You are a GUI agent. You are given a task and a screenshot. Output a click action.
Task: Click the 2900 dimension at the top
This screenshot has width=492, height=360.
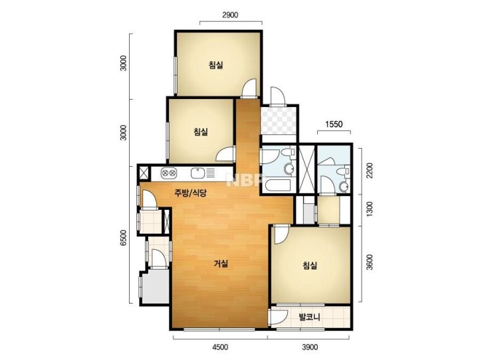click(x=230, y=15)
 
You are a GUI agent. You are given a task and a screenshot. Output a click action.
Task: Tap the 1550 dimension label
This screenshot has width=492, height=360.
click(x=334, y=124)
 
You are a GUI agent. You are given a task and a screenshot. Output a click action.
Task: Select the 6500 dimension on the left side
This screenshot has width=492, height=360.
click(x=124, y=238)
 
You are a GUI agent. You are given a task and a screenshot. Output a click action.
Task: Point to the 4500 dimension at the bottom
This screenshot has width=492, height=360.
click(x=220, y=347)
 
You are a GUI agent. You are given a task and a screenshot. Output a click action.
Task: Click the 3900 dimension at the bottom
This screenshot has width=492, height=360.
click(x=310, y=347)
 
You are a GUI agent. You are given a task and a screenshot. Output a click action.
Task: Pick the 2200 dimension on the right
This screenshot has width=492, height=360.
click(x=370, y=170)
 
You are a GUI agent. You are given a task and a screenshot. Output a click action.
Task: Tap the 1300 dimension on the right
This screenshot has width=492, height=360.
click(x=370, y=209)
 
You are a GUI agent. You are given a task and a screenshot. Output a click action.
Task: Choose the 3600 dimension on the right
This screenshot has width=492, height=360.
click(x=370, y=262)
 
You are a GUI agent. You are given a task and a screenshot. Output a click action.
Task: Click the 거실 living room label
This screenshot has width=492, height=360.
click(x=221, y=264)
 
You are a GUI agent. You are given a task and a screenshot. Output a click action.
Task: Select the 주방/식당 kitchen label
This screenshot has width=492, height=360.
click(x=190, y=193)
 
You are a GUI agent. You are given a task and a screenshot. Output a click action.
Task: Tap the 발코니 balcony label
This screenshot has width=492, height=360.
click(x=309, y=317)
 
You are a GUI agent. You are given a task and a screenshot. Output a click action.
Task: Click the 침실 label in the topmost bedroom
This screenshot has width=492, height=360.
click(x=216, y=65)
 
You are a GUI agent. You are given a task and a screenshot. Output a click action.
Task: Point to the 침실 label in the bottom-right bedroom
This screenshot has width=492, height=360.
click(x=310, y=266)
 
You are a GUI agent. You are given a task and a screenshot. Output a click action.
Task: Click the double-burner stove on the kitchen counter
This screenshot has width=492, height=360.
click(x=168, y=173)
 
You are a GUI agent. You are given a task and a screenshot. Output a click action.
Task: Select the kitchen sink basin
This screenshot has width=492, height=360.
click(x=197, y=173)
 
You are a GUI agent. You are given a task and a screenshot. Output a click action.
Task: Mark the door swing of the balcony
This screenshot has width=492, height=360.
click(x=279, y=317)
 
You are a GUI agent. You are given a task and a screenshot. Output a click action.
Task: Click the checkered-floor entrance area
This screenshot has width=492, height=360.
click(x=279, y=120)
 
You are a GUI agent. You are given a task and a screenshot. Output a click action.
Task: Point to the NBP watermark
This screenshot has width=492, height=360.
click(x=244, y=180)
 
